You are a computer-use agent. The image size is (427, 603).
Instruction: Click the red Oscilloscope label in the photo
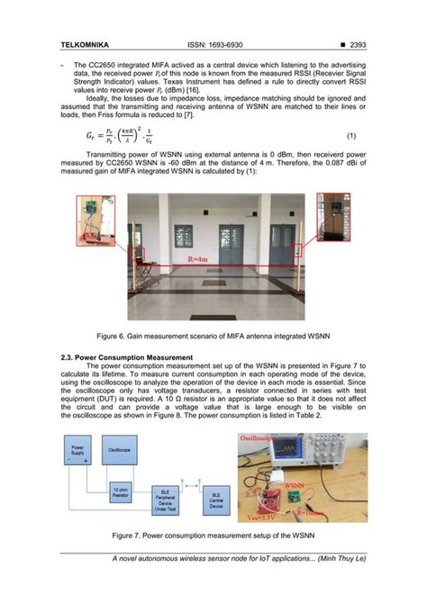tap(262, 438)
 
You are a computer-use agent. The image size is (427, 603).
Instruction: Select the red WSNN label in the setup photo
tap(295, 483)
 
